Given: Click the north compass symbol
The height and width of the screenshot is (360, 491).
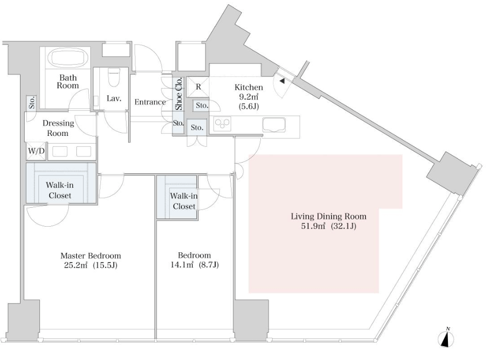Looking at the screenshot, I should click(447, 338).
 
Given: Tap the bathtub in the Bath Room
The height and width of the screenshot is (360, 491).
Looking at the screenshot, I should click(68, 58).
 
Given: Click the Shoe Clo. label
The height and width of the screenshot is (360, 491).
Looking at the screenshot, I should click(179, 94).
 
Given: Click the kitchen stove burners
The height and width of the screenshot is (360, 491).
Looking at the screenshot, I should click(222, 124).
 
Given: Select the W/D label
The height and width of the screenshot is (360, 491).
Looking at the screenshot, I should click(36, 151).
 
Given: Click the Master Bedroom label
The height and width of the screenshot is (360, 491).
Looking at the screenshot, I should click(90, 260).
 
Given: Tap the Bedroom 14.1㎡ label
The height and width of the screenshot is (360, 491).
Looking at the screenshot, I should click(194, 260).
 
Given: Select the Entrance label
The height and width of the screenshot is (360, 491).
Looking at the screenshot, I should click(150, 102).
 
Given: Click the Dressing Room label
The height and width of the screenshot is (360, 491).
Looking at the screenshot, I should click(58, 128).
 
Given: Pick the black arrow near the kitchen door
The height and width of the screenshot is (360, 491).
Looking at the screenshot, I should click(282, 81).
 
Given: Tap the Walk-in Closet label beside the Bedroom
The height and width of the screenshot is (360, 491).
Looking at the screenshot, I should click(184, 201).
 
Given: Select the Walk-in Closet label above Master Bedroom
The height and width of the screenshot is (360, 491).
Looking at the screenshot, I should click(60, 190).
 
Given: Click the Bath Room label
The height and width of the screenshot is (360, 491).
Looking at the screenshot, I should click(68, 82).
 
